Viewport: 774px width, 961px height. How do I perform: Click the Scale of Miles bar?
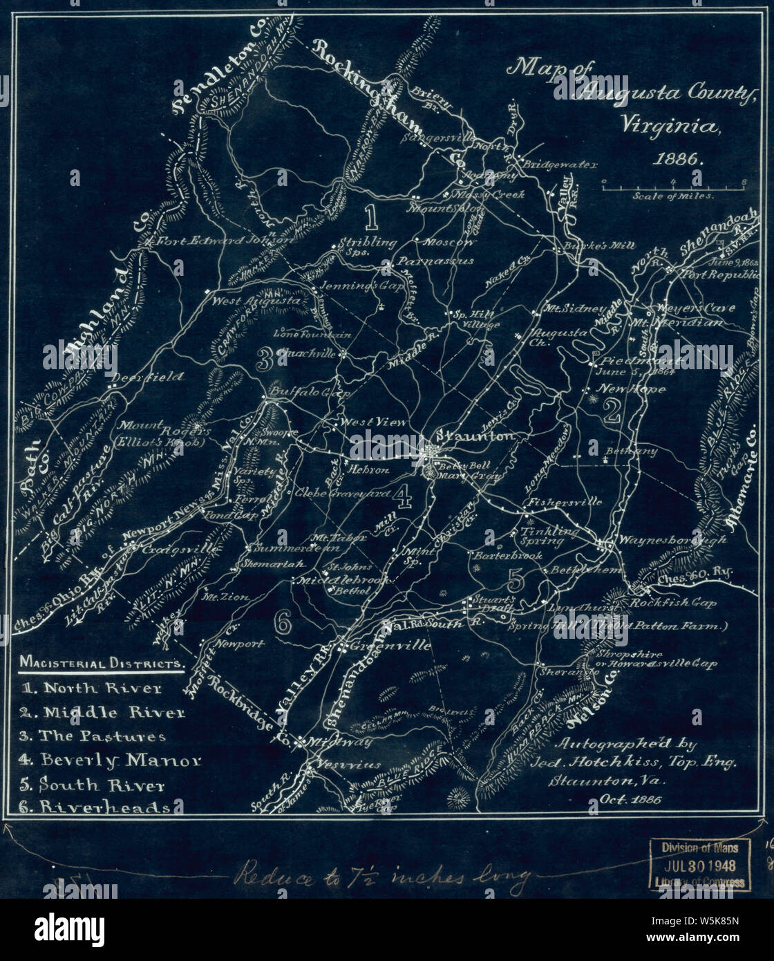672,184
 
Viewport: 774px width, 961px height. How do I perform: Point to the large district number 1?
370,217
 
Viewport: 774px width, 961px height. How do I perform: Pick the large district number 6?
283,622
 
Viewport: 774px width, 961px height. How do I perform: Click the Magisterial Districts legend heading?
102,663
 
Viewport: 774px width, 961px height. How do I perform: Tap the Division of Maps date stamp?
699,865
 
